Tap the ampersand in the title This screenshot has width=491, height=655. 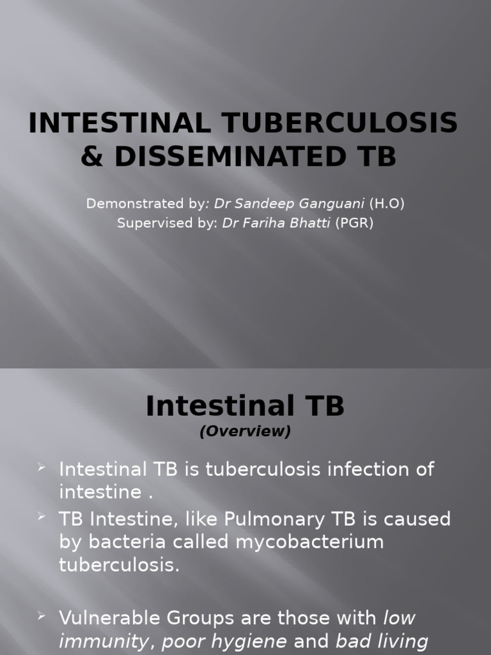point(92,157)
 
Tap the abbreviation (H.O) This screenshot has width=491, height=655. point(387,203)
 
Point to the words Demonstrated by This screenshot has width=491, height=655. point(146,203)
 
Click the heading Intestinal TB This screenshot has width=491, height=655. point(245,406)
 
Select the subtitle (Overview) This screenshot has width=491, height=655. point(245,432)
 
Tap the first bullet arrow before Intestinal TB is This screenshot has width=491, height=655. point(42,468)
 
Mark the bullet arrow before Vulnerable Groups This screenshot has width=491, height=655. point(42,616)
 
